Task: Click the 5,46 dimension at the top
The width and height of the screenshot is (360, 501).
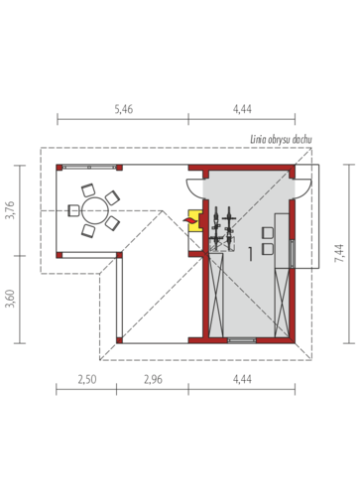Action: pos(124,109)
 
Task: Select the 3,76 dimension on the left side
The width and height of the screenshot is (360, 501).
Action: pos(11,210)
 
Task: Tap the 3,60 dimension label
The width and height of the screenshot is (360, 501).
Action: pos(11,299)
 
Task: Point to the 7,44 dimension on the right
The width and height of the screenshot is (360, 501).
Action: pos(339,253)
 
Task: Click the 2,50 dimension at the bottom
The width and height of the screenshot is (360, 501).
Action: pos(87,379)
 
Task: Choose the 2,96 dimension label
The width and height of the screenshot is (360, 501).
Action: pos(154,379)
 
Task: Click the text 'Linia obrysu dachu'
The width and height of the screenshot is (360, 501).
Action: pos(281,140)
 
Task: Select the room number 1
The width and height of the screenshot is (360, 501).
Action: pos(250,254)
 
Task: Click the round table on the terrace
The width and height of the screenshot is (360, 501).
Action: pos(95,210)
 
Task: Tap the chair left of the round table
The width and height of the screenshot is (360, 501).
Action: pos(73,210)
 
